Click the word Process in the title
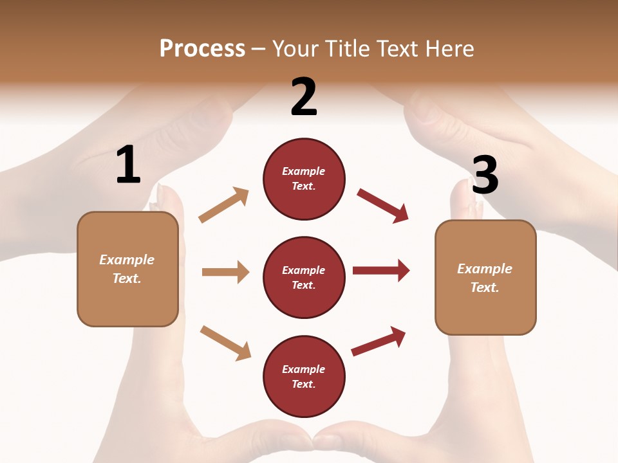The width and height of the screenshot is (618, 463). (x=202, y=49)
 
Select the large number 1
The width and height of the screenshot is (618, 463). (x=128, y=166)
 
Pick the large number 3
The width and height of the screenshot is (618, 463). (x=485, y=175)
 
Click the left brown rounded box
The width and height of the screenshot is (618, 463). (x=127, y=269)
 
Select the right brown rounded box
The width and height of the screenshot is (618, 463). (x=485, y=278)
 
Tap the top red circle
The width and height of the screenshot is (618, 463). (x=304, y=179)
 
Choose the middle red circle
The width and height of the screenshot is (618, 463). (x=304, y=278)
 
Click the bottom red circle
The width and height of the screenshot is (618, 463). (x=304, y=377)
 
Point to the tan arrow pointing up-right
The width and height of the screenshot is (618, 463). (x=224, y=204)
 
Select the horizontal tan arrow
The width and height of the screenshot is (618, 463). (x=225, y=272)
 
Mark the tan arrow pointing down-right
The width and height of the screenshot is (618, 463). (x=225, y=343)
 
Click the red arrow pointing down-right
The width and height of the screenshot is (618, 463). (x=382, y=205)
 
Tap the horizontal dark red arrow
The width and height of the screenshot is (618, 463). (x=381, y=270)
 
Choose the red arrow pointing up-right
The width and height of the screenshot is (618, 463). (x=379, y=341)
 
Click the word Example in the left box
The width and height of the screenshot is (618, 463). (x=127, y=260)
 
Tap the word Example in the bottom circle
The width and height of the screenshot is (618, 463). (x=304, y=369)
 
